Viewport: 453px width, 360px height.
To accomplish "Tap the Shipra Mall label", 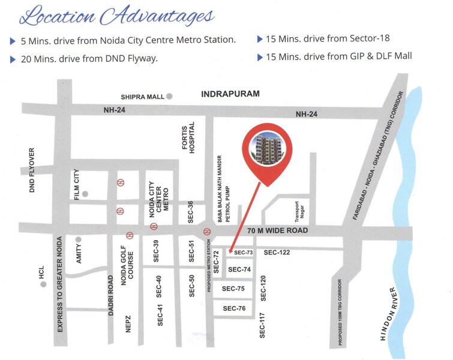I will [x=142, y=96].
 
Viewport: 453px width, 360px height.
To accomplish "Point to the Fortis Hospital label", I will [x=189, y=138].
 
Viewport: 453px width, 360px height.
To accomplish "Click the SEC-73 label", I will [x=244, y=253].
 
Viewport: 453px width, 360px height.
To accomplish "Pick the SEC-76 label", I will [x=234, y=308].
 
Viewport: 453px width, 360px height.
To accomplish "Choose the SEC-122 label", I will [x=277, y=253].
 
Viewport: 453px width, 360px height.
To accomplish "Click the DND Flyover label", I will [x=33, y=169].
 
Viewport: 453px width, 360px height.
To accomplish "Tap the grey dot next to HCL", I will [x=43, y=284].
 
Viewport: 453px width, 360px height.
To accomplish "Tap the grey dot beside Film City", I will [x=86, y=194].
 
